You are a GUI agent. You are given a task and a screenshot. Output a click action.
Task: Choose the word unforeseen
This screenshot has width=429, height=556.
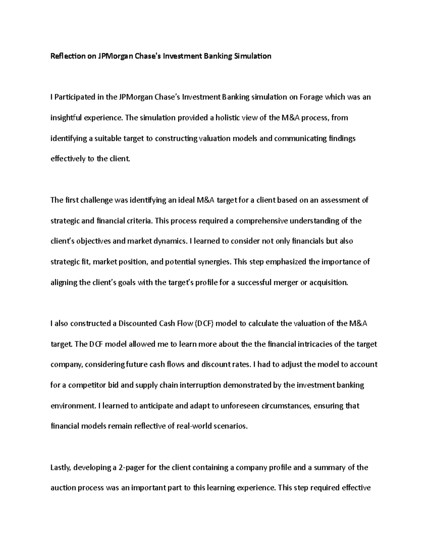click(240, 406)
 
